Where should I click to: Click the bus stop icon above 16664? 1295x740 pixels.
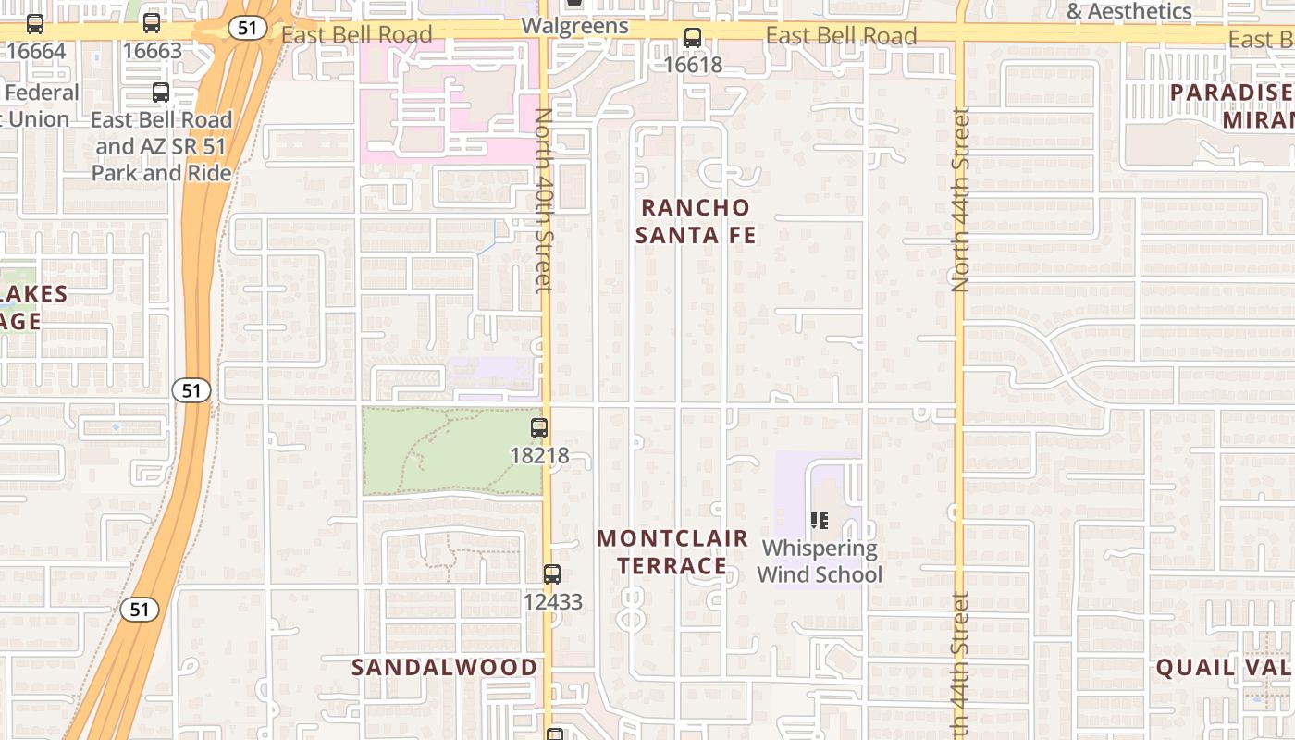35,24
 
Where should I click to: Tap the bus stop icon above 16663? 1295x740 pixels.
152,24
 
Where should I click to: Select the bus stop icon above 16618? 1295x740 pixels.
692,38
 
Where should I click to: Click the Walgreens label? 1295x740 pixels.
574,25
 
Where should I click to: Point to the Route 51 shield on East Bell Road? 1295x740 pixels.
247,28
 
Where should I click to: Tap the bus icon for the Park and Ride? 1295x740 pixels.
161,92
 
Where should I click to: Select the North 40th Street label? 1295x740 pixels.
544,200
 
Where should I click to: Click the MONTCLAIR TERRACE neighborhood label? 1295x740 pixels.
672,551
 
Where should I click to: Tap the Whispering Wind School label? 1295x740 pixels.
820,561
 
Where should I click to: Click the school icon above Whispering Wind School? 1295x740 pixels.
819,521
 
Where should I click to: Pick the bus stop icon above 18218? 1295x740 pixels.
539,428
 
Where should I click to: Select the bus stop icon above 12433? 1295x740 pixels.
552,573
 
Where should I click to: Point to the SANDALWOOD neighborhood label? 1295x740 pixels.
444,667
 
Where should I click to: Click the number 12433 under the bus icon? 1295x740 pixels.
552,602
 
